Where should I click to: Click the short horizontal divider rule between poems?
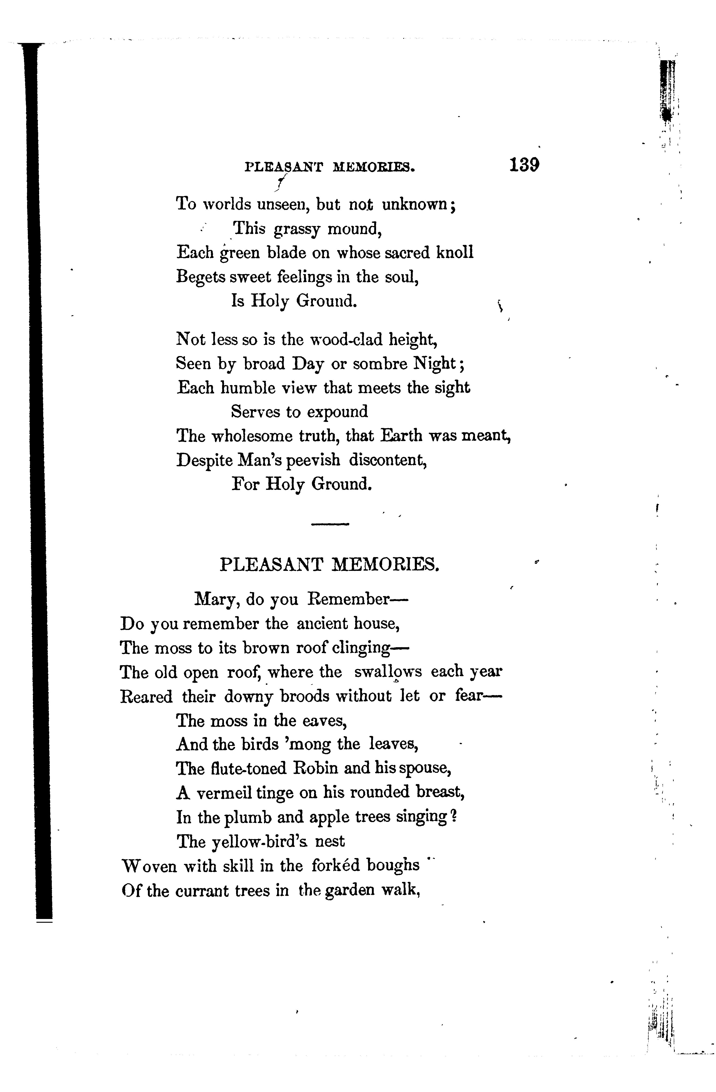(x=330, y=524)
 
